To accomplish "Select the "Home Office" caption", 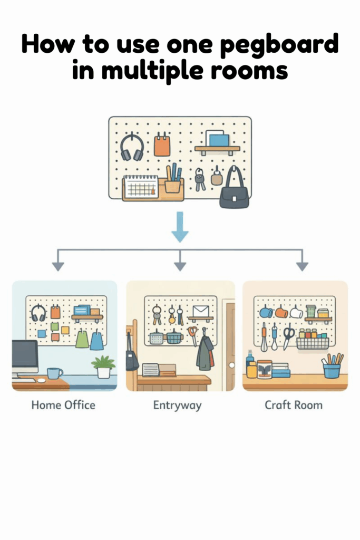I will click(x=63, y=406).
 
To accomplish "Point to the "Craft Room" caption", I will click(x=294, y=406).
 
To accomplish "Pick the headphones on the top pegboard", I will click(x=132, y=147).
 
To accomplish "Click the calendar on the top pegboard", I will click(x=140, y=187).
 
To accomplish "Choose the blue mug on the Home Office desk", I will click(x=54, y=373).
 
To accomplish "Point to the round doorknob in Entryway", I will click(x=230, y=365).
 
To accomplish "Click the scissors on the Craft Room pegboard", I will click(x=288, y=336).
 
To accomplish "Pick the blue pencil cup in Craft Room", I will click(x=332, y=370).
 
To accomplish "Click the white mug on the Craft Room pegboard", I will click(x=296, y=312).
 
